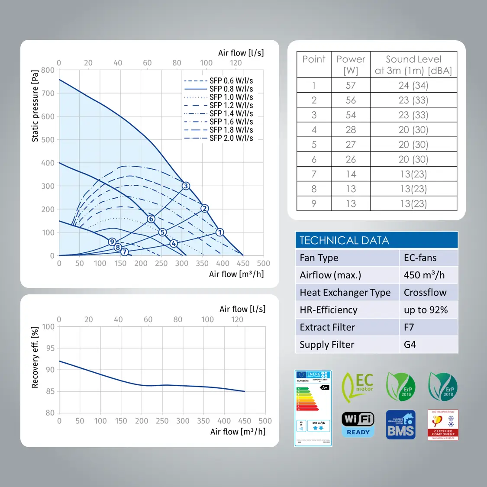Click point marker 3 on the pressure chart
tap(186, 186)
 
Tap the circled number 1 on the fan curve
tap(220, 232)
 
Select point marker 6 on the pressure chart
tap(151, 219)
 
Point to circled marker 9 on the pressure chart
tap(112, 242)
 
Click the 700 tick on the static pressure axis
tap(48, 93)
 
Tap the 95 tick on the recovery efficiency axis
tap(50, 348)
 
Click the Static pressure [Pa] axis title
tap(35, 106)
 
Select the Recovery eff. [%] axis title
tap(35, 357)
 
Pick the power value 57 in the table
tap(351, 85)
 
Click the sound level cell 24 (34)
tap(413, 85)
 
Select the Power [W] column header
tap(351, 65)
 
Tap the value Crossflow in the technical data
tap(425, 293)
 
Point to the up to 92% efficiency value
tap(426, 310)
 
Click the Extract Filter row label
tap(327, 327)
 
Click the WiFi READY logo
tap(358, 424)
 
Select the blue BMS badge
tap(400, 425)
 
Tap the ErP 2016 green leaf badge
tap(401, 387)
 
